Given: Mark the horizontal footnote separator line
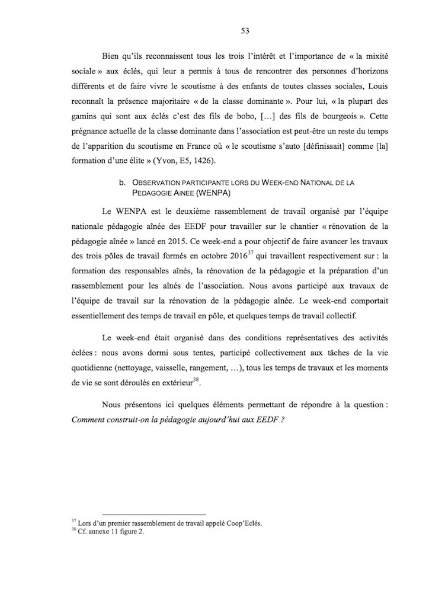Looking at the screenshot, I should click(154, 514).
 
